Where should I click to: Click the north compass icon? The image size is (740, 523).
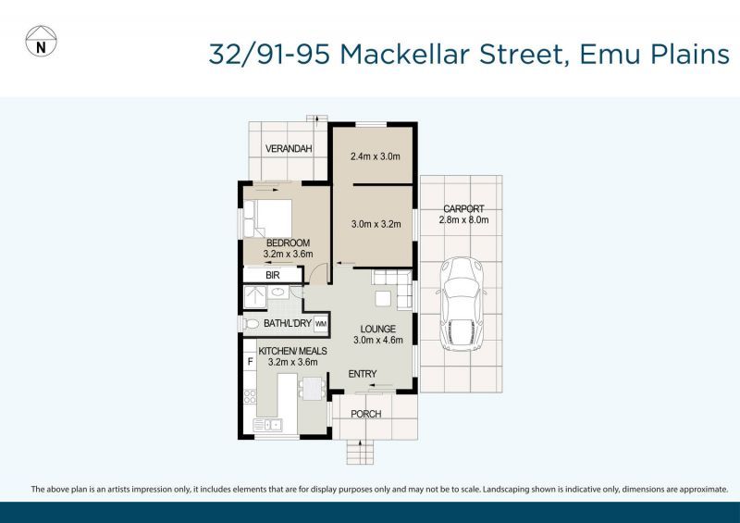click(39, 42)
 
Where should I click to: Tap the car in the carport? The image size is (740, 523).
click(460, 304)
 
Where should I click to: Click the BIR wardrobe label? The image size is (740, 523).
click(273, 275)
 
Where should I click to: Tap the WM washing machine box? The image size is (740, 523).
click(321, 324)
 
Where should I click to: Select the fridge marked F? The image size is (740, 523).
click(250, 358)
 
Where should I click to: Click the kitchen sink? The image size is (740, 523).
click(273, 424)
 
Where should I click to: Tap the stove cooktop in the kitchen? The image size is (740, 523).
click(250, 398)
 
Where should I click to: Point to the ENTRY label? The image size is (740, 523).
click(362, 374)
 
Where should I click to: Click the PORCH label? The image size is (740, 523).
click(367, 413)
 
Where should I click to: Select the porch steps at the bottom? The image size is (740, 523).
click(359, 452)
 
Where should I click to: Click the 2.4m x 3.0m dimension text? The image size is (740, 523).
click(375, 156)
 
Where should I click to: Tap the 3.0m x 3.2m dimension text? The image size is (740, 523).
click(375, 223)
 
